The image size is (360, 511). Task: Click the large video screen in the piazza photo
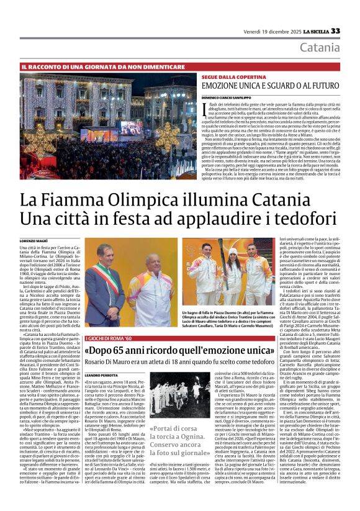click(131, 127)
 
